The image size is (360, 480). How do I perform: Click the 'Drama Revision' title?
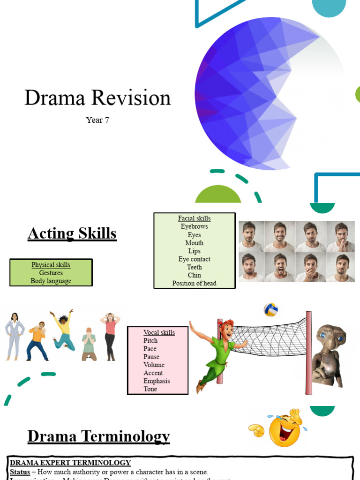pos(97,98)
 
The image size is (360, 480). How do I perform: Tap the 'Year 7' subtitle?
pos(97,120)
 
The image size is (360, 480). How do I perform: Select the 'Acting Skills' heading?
pos(72,233)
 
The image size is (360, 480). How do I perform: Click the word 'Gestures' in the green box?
pos(51,273)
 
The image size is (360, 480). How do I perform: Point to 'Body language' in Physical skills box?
pos(51,281)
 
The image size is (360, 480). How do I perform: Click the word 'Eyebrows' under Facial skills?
pos(194,226)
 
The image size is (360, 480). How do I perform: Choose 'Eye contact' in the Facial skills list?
pos(194,259)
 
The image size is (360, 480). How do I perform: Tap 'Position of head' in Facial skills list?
pos(194,283)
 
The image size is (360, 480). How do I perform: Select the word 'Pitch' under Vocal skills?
pos(150,341)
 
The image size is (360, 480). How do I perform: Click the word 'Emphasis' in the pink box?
pos(157,381)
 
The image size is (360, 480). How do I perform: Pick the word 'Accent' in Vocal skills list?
pos(153,373)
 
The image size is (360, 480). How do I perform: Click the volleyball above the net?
pos(270,309)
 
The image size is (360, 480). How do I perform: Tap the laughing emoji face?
pos(285,429)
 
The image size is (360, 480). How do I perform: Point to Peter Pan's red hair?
pos(227,324)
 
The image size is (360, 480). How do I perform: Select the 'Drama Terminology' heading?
pos(98,436)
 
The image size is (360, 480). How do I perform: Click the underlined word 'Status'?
pos(20,472)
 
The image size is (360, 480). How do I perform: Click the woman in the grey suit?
pos(14,336)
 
